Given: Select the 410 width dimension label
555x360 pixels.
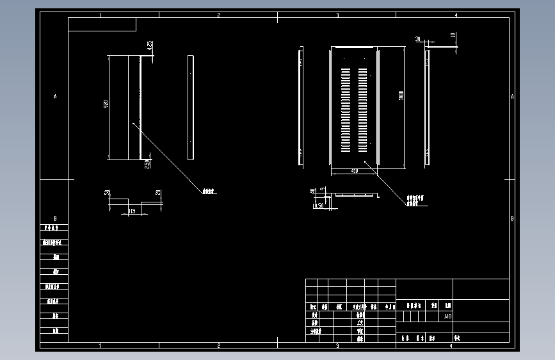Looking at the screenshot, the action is click(354, 172).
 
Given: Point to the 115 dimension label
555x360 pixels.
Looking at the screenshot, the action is click(133, 210).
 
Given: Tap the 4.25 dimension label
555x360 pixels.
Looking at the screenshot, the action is click(149, 45).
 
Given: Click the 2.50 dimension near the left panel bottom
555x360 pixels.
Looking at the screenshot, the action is click(147, 163).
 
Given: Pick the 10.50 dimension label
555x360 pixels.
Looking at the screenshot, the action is click(318, 206).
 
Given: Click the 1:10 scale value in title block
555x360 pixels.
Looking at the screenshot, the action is click(447, 316).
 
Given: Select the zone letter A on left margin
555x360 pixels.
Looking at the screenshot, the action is click(54, 97).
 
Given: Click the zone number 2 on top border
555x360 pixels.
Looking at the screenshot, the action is click(218, 14).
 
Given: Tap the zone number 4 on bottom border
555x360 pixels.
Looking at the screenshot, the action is click(451, 345).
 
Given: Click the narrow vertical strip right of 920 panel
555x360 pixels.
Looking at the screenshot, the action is click(191, 108).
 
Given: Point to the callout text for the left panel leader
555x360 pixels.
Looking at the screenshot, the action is click(207, 191).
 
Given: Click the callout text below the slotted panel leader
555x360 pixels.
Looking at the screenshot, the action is click(415, 200).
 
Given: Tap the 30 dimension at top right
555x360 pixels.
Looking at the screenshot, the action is click(417, 39).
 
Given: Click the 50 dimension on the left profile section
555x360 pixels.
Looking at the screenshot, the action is click(108, 192).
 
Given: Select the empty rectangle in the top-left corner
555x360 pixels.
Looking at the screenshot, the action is click(102, 24).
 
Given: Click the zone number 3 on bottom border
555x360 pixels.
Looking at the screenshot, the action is click(337, 345).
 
